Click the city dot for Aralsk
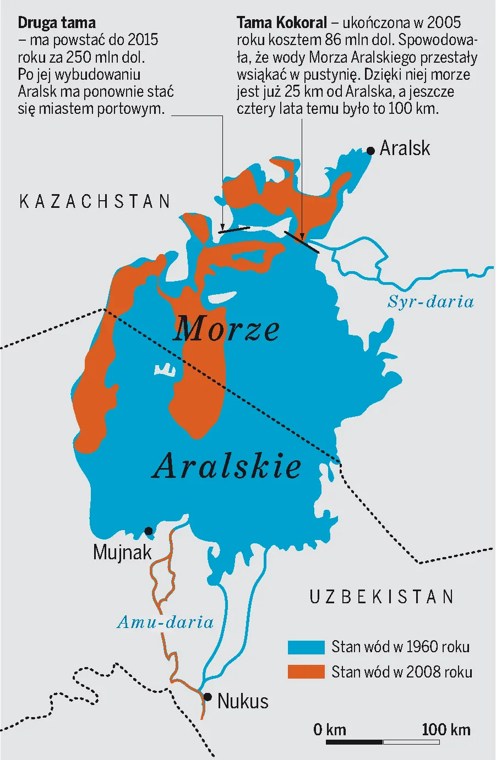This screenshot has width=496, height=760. pyautogui.click(x=370, y=150)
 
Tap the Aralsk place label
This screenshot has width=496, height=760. pyautogui.click(x=405, y=148)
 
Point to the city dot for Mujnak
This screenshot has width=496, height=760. pyautogui.click(x=149, y=531)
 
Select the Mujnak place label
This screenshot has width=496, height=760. pyautogui.click(x=122, y=552)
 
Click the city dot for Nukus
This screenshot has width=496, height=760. pyautogui.click(x=208, y=697)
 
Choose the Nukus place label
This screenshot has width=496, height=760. pyautogui.click(x=243, y=701)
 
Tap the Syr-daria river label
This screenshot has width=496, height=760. pyautogui.click(x=430, y=301)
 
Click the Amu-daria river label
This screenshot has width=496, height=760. pyautogui.click(x=165, y=622)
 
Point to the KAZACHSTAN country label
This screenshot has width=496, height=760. pyautogui.click(x=95, y=202)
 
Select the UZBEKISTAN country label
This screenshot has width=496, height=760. pyautogui.click(x=381, y=597)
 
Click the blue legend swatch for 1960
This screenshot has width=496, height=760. pyautogui.click(x=306, y=647)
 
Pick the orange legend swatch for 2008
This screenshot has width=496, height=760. pyautogui.click(x=306, y=671)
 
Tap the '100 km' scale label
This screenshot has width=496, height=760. pyautogui.click(x=446, y=730)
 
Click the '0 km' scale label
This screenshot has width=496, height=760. pyautogui.click(x=330, y=730)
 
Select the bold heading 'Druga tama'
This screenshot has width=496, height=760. pyautogui.click(x=57, y=23)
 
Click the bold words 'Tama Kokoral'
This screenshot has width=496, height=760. pyautogui.click(x=281, y=23)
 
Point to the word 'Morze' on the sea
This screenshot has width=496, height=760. pyautogui.click(x=226, y=329)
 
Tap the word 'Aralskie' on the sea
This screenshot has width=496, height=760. pyautogui.click(x=227, y=466)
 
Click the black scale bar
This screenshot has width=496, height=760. pyautogui.click(x=354, y=742)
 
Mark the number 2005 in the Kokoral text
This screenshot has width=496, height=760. pyautogui.click(x=444, y=23)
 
